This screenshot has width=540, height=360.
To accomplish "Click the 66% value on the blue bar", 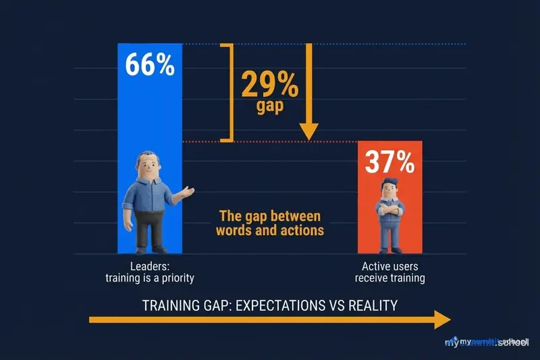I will click(x=151, y=66).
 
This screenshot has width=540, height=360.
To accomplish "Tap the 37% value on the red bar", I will click(x=390, y=163).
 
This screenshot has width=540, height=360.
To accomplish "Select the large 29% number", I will click(x=268, y=86).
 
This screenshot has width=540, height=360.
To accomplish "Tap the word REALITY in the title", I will click(x=372, y=305).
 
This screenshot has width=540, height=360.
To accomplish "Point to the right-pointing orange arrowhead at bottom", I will click(x=441, y=320).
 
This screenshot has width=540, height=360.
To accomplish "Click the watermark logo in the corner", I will click(x=486, y=342).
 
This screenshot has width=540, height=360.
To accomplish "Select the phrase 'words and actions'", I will click(x=269, y=230).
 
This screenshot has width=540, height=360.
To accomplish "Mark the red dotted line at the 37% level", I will click(x=270, y=141).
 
